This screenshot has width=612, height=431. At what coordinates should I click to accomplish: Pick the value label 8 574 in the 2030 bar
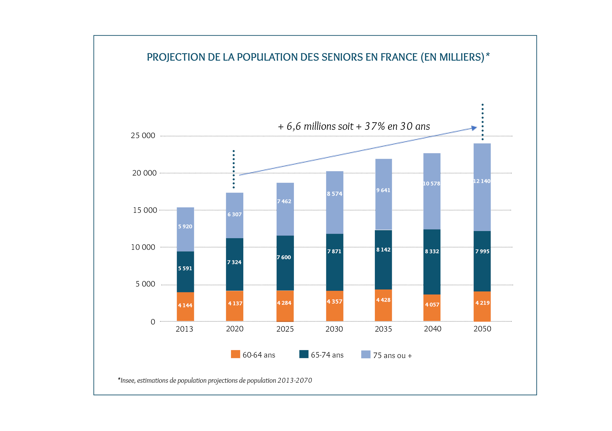tap(335, 194)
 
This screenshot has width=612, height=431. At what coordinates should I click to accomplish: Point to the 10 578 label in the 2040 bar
tap(432, 183)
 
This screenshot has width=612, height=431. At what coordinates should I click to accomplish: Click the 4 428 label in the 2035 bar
tap(383, 300)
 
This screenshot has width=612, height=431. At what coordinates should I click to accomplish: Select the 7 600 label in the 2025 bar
tap(284, 257)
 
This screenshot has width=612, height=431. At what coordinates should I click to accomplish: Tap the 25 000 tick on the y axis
tap(143, 136)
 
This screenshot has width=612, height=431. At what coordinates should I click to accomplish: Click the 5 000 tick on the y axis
tap(145, 284)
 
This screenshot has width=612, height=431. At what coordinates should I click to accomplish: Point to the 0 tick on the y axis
tap(153, 322)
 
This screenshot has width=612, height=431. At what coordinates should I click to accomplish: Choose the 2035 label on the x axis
tap(383, 329)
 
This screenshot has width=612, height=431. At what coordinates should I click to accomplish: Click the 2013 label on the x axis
tap(184, 329)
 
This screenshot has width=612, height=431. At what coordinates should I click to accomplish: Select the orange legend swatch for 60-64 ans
tap(235, 354)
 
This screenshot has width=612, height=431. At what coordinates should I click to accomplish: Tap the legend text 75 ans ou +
tap(392, 356)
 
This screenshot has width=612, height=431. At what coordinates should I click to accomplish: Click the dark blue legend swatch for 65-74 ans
tap(304, 354)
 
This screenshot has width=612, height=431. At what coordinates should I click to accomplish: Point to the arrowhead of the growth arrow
tap(474, 128)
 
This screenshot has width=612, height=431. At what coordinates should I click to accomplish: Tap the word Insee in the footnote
tap(128, 381)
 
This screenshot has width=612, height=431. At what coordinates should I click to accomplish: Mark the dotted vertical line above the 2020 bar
tap(234, 169)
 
